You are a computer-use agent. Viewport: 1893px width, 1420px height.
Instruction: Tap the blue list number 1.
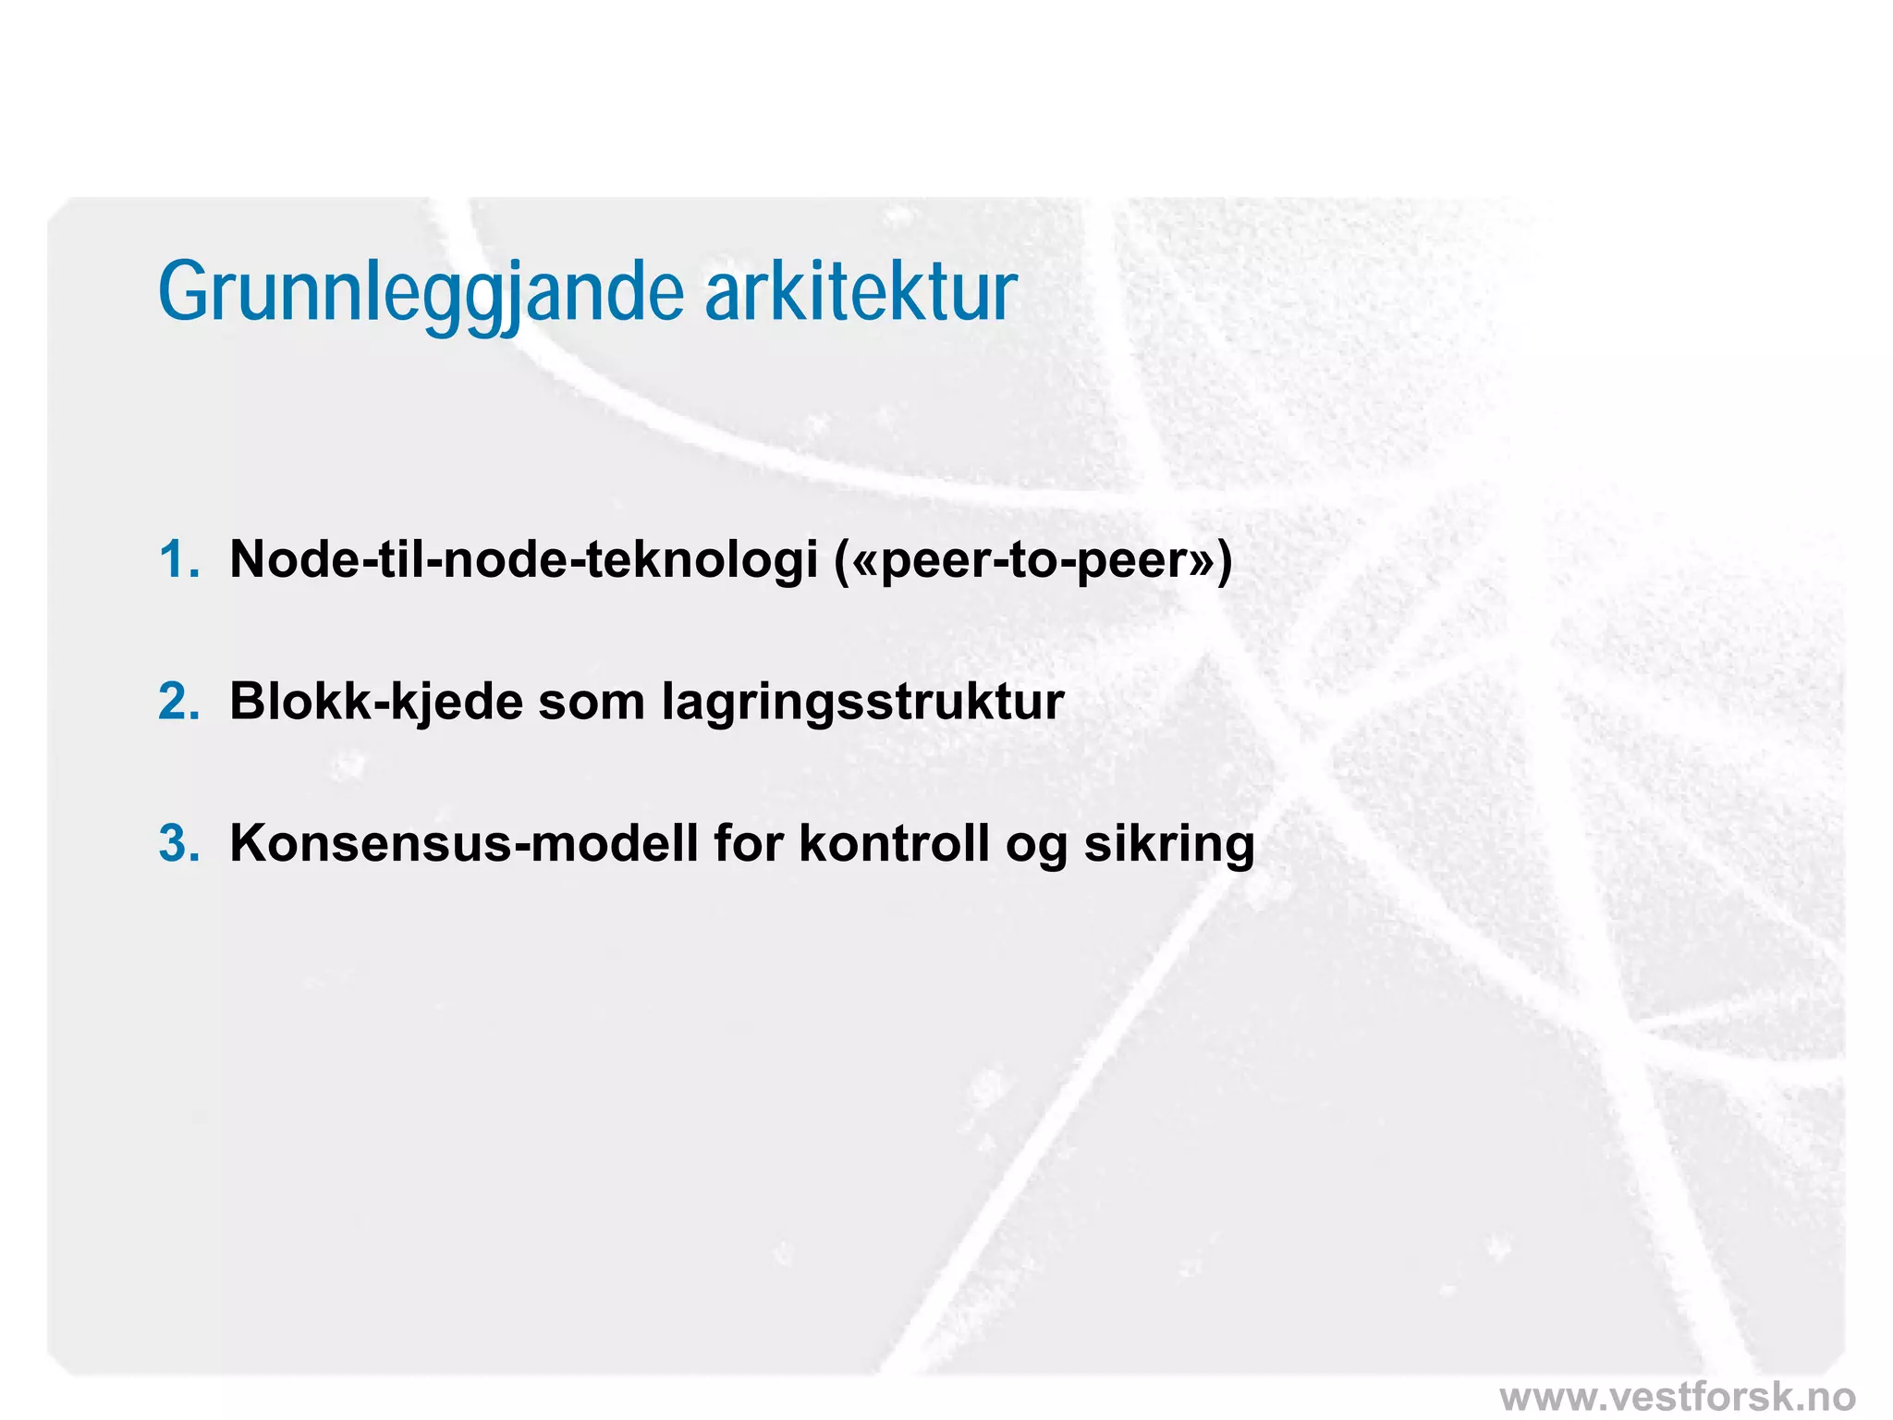(x=177, y=559)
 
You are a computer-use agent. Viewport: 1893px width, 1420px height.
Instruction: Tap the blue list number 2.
(x=178, y=702)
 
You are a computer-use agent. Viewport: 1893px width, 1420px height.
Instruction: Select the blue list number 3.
(x=178, y=843)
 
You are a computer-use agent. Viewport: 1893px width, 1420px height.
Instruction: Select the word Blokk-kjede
(x=375, y=702)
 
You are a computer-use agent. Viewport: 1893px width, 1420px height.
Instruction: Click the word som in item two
(x=592, y=703)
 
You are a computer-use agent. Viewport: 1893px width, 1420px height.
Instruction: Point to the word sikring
(x=1169, y=845)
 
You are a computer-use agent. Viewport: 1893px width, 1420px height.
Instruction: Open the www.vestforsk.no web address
(x=1677, y=1396)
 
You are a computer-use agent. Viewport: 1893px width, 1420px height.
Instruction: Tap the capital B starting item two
(x=249, y=702)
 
